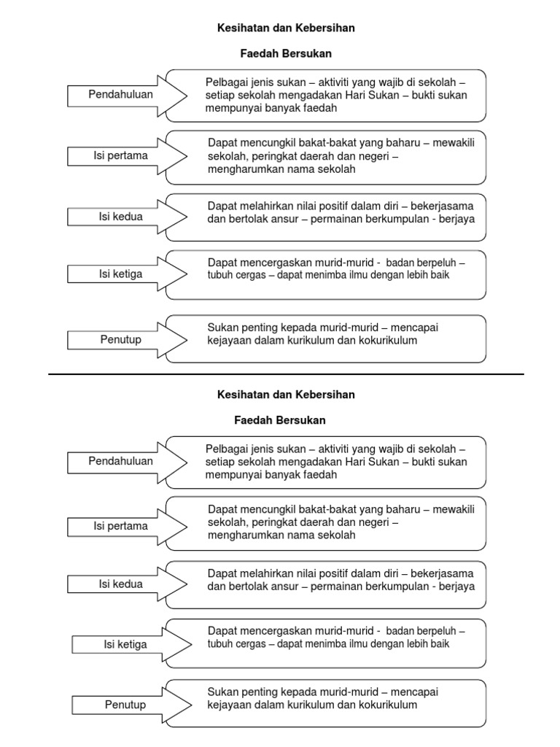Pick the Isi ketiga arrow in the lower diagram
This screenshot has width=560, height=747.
(x=126, y=644)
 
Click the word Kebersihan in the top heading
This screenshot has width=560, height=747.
(x=325, y=28)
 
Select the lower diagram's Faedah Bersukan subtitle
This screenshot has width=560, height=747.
(x=280, y=420)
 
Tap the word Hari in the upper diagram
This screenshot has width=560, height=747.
(x=335, y=95)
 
